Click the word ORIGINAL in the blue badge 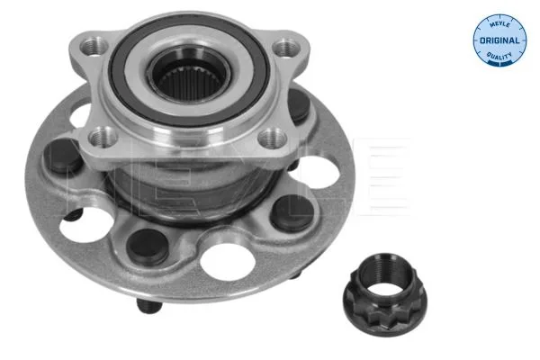point(499,40)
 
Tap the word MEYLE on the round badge point(499,23)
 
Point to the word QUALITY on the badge point(499,56)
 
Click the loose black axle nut point(384,294)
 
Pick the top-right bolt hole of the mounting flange point(286,48)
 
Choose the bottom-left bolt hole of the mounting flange point(103,137)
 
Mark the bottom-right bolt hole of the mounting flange point(273,139)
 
